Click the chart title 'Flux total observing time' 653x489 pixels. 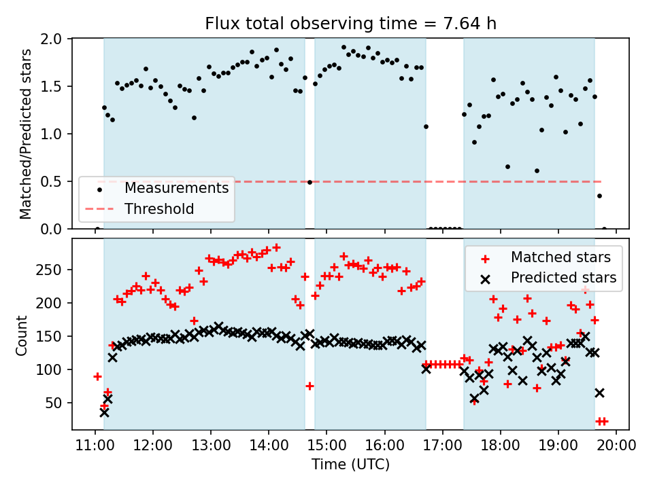coord(350,24)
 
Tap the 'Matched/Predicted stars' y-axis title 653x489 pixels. coord(26,134)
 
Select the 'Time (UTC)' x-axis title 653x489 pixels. coord(350,465)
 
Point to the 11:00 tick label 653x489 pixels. coord(95,446)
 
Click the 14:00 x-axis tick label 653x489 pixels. coord(269,446)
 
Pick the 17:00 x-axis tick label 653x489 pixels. coord(443,446)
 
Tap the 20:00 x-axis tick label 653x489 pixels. coord(616,446)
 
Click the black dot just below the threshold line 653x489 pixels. coord(309,182)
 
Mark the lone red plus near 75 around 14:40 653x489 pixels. coord(309,386)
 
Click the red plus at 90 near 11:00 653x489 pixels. coord(97,376)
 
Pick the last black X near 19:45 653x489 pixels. coord(599,393)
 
